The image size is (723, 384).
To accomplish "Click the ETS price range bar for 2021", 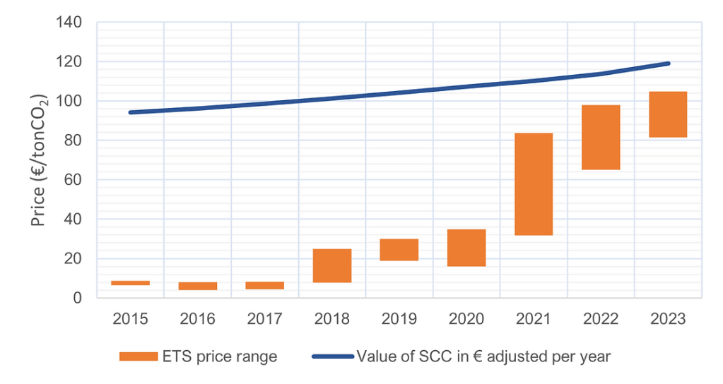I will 533,184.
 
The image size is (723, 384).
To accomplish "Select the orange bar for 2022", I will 600,137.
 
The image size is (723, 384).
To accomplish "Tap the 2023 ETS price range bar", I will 667,114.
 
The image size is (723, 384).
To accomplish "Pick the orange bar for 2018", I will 331,265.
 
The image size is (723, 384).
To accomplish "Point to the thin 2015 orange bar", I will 130,283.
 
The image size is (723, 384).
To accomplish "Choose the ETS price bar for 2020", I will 466,248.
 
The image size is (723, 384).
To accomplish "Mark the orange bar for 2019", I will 399,250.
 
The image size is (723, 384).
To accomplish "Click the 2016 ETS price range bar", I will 197,286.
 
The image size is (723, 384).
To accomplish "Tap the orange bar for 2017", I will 264,285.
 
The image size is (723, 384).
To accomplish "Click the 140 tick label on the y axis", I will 69,23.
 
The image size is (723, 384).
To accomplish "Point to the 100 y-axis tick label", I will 69,101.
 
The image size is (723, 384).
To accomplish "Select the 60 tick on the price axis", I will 74,180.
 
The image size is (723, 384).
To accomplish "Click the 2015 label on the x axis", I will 130,319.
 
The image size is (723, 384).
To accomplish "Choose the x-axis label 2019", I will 399,319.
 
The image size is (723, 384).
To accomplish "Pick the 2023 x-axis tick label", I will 667,319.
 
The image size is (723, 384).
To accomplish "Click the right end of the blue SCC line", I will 668,64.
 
